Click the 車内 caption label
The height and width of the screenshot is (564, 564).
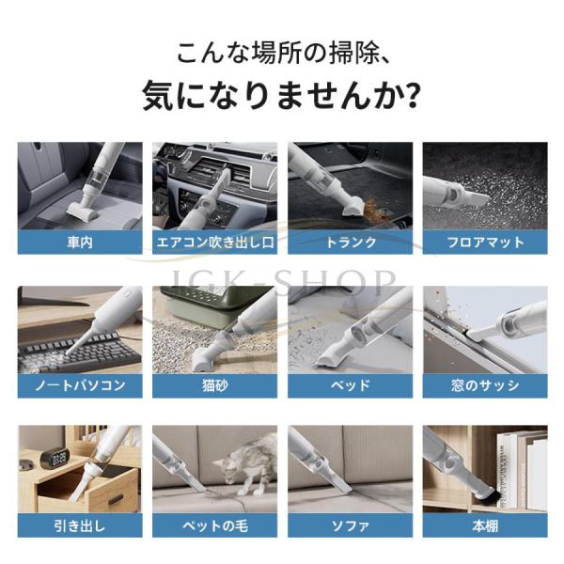click(80, 243)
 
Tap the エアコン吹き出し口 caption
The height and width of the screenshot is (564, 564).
click(214, 243)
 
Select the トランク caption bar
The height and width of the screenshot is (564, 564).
click(350, 243)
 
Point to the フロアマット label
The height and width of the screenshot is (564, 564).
click(485, 243)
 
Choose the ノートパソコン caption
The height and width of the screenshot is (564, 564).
click(80, 385)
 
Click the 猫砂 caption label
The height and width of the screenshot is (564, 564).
click(214, 385)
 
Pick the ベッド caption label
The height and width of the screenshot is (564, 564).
click(350, 385)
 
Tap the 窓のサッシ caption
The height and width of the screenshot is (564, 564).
click(485, 385)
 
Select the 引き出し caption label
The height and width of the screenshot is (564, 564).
click(80, 525)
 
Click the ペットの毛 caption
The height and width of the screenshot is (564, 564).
click(214, 525)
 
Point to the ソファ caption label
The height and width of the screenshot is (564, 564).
click(350, 525)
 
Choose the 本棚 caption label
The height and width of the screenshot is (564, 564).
click(485, 525)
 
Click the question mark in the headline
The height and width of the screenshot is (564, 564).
click(410, 97)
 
